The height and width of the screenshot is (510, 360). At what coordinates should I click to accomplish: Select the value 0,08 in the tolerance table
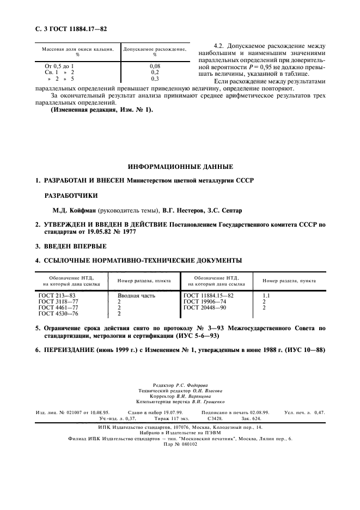tap(154, 65)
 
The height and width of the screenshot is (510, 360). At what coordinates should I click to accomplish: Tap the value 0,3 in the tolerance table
tap(154, 78)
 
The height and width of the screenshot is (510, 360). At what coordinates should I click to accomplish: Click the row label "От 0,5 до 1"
tap(59, 65)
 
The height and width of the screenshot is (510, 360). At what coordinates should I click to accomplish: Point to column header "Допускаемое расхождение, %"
tap(155, 52)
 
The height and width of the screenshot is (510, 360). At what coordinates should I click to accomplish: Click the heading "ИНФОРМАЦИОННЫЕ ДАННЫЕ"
tap(180, 166)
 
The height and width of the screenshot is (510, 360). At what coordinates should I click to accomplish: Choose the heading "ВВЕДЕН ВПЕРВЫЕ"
tap(75, 246)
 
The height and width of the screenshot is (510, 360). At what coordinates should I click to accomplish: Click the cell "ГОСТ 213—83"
tap(56, 295)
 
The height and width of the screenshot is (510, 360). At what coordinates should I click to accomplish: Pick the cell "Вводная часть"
tap(137, 295)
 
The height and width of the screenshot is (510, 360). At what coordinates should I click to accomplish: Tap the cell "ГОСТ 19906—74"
tap(205, 301)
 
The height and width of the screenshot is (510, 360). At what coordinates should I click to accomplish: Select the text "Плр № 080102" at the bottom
tap(180, 444)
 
